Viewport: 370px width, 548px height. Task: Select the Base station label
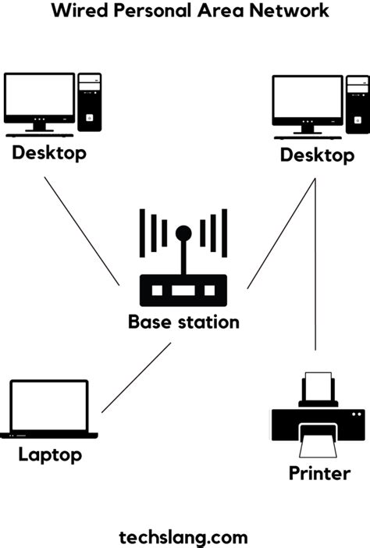(x=183, y=322)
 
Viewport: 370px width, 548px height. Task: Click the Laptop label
(x=50, y=454)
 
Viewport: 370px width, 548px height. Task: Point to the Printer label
(x=319, y=472)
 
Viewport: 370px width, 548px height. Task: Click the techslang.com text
(x=184, y=536)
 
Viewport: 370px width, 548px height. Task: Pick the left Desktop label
(x=48, y=152)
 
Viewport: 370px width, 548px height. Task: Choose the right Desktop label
(x=317, y=155)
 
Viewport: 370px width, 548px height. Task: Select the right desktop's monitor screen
(x=308, y=98)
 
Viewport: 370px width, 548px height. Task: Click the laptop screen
(x=48, y=405)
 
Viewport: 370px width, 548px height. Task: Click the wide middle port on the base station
(x=183, y=290)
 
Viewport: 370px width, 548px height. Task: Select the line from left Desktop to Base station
(x=81, y=230)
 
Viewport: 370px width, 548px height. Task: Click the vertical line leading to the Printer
(x=316, y=273)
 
